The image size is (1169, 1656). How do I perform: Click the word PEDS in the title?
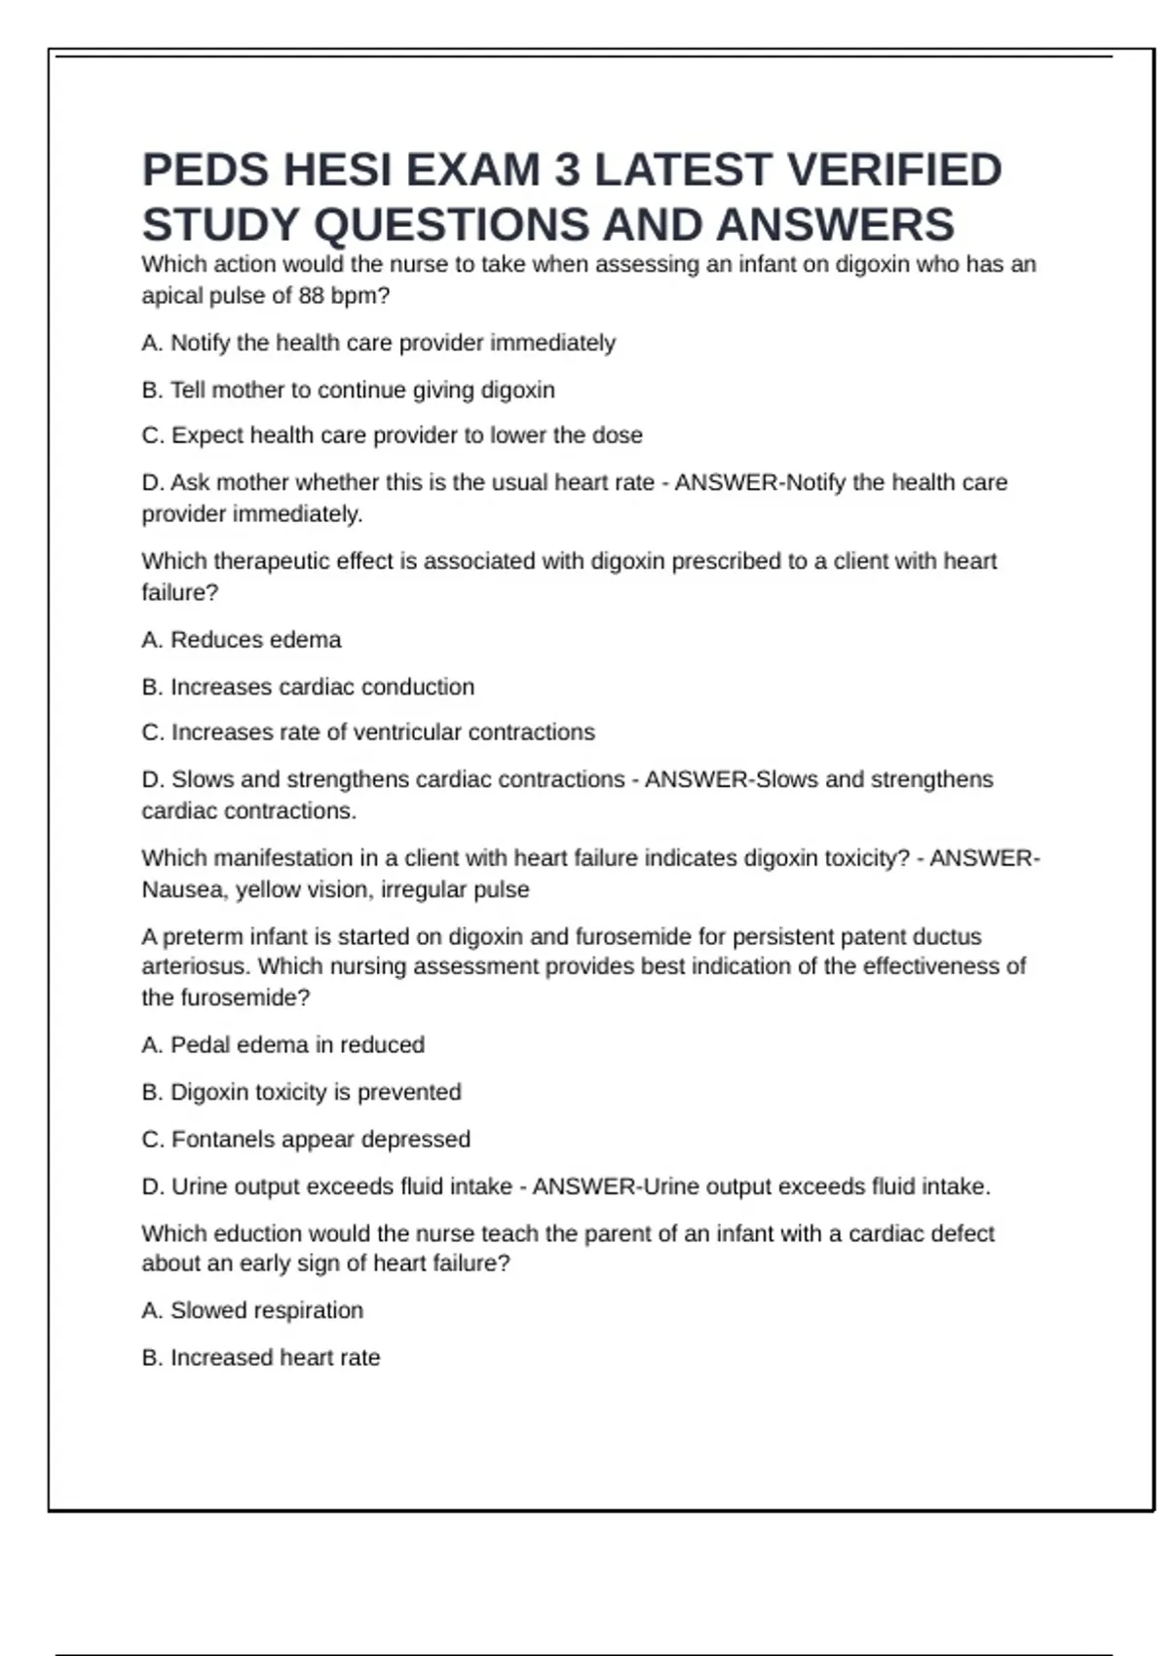point(205,170)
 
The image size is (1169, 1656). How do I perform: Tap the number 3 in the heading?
point(567,170)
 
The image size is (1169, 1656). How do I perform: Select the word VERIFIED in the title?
point(894,170)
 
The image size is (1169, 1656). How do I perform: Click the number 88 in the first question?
point(312,296)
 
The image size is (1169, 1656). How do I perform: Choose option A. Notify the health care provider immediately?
point(379,343)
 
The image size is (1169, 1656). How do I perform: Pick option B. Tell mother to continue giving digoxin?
point(348,390)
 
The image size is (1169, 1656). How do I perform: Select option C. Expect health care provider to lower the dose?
point(392,435)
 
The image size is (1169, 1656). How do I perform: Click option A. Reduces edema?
point(242,640)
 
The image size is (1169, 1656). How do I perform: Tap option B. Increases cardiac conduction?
point(308,687)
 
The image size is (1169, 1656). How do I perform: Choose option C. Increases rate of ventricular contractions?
point(368,733)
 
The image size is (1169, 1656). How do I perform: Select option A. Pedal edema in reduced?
point(283,1045)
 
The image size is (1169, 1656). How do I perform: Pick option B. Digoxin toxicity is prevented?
point(301,1092)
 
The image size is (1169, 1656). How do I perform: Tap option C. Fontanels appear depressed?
point(306,1139)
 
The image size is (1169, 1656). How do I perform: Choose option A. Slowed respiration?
point(252,1310)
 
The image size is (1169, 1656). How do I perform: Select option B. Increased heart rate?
point(261,1357)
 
